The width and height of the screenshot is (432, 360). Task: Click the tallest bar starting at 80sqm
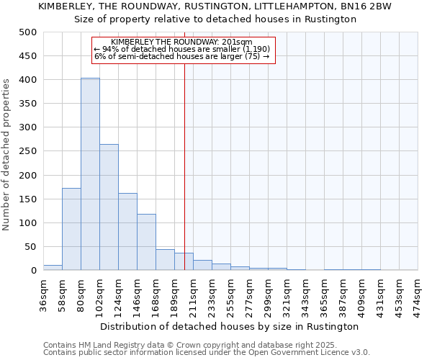(x=90, y=174)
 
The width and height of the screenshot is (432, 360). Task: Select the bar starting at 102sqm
(x=109, y=207)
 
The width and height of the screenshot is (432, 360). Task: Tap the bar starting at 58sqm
(x=71, y=229)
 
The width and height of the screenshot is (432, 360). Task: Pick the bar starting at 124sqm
(x=127, y=232)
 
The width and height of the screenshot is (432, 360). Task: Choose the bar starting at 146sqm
(x=146, y=242)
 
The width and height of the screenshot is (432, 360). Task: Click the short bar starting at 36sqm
(x=53, y=268)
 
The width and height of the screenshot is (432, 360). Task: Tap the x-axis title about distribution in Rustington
(x=230, y=327)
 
